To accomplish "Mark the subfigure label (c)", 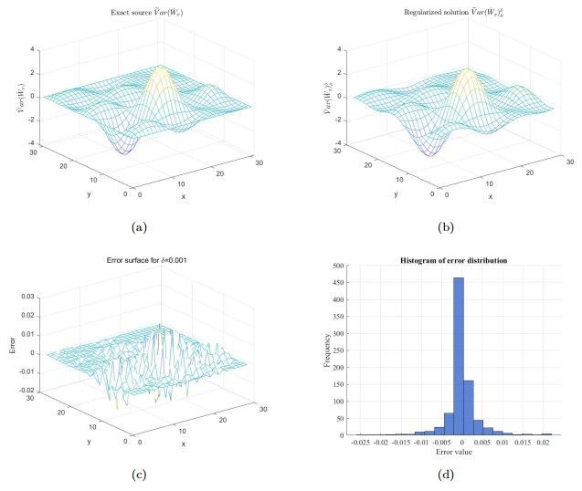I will click(138, 474).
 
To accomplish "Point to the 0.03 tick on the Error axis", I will click(28, 298).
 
